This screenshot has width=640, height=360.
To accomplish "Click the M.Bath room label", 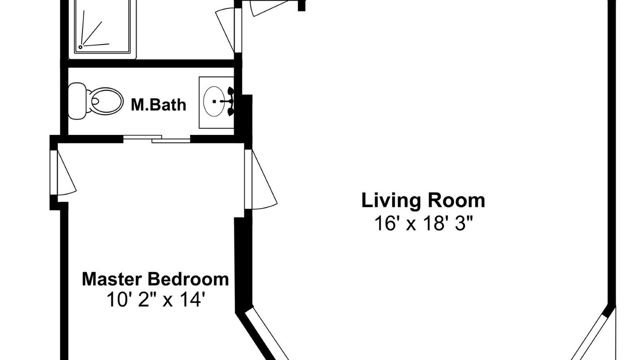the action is coord(158,104).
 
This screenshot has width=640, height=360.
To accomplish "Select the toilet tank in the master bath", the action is coord(76,100).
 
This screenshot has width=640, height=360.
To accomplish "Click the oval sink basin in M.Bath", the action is coord(214,101).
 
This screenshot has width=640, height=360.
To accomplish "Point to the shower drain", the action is coord(80,47).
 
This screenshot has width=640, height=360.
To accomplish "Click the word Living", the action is coord(391,201).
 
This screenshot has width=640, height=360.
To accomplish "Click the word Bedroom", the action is coord(188,279).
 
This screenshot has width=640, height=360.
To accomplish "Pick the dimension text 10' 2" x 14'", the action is coord(155,299).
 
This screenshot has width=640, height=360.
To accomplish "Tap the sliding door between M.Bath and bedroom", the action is coord(156,139).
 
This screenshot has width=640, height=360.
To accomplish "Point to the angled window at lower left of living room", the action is coord(266,333).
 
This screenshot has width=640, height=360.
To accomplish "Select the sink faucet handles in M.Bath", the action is coord(230,101).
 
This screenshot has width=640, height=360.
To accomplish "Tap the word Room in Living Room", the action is coord(456,201).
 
